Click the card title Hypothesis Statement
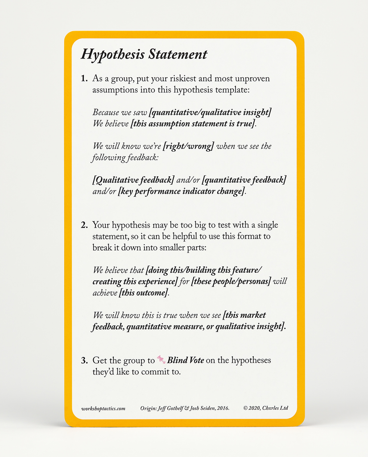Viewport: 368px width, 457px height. click(x=144, y=54)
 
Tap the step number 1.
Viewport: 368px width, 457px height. click(x=84, y=79)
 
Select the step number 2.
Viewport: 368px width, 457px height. click(x=84, y=225)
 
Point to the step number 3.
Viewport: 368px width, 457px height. click(x=84, y=361)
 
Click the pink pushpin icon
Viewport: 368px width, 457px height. click(x=161, y=359)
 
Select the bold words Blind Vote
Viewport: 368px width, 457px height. click(x=185, y=360)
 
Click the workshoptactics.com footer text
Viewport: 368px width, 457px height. click(x=103, y=408)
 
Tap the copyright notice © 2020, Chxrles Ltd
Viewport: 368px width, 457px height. click(x=266, y=408)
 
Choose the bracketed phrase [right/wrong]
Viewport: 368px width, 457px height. click(x=189, y=146)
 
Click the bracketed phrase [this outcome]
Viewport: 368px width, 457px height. click(x=144, y=293)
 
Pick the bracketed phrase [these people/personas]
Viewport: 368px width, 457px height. click(x=231, y=282)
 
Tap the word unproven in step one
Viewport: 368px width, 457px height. click(x=252, y=79)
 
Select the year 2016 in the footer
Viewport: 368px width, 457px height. click(x=222, y=408)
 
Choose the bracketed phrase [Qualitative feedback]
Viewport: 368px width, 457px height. click(x=133, y=180)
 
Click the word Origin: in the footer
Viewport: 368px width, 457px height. click(x=149, y=408)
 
